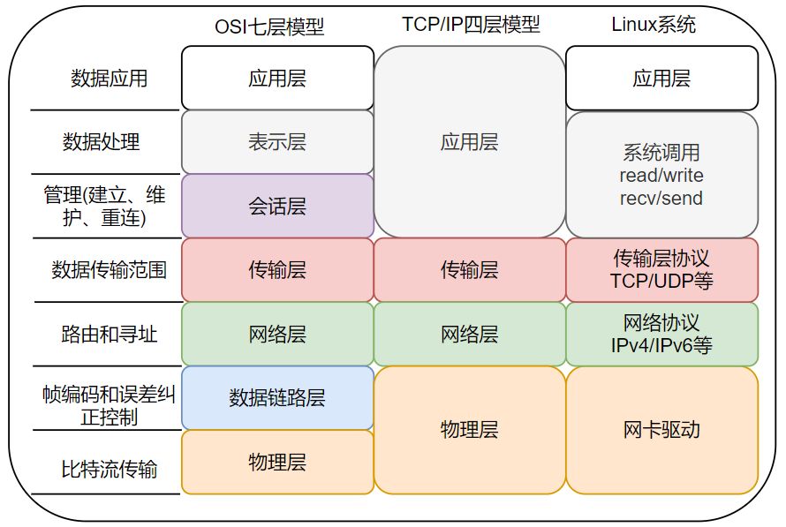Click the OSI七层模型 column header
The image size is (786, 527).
(269, 27)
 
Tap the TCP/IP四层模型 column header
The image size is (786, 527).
(471, 24)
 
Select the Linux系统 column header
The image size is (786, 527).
(654, 24)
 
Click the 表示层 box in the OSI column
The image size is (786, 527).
(277, 142)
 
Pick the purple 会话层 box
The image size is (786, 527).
(277, 207)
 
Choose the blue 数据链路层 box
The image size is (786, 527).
(277, 398)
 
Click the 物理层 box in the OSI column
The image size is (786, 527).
(277, 462)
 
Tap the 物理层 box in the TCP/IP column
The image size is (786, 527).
(470, 430)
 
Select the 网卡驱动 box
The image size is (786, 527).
(661, 430)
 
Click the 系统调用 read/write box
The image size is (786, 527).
(661, 175)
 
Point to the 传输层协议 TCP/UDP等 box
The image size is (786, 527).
(661, 269)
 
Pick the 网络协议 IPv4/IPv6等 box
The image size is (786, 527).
(661, 334)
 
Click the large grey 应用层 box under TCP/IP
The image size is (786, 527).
(470, 141)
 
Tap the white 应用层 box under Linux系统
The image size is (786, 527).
(661, 79)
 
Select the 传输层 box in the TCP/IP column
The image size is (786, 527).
(470, 269)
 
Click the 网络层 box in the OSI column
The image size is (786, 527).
(277, 334)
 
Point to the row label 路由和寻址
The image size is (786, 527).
(110, 334)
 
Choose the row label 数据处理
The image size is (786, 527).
(102, 142)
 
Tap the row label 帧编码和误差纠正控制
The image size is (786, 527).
(110, 405)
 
